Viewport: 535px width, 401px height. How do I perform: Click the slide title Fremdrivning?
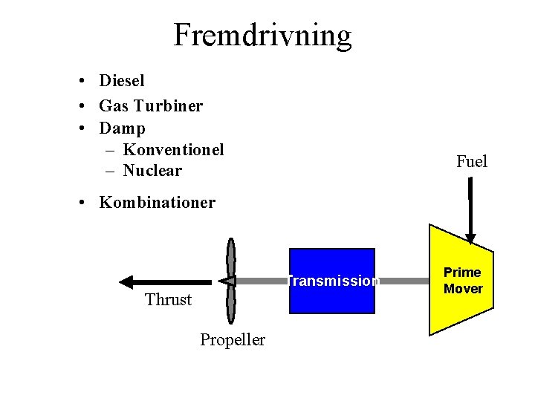(262, 35)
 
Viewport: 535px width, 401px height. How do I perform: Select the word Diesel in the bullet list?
(122, 80)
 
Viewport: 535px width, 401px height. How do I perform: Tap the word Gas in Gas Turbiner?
(114, 105)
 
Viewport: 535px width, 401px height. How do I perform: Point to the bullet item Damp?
(122, 128)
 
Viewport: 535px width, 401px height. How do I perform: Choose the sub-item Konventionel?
(173, 149)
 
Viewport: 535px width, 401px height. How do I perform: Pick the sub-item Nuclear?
(152, 171)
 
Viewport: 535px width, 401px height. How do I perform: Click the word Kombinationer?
(157, 202)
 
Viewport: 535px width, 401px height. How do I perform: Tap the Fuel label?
(472, 161)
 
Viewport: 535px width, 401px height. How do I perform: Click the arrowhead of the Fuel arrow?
(470, 238)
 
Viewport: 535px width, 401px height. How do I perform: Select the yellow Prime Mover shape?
(461, 281)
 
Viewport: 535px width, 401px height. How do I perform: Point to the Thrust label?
(168, 299)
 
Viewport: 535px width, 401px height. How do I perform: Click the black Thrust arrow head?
(127, 281)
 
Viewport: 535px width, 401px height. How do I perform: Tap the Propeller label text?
(232, 340)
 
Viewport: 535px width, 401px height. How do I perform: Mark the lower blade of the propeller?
(231, 304)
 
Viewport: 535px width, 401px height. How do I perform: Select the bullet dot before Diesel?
(86, 81)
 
